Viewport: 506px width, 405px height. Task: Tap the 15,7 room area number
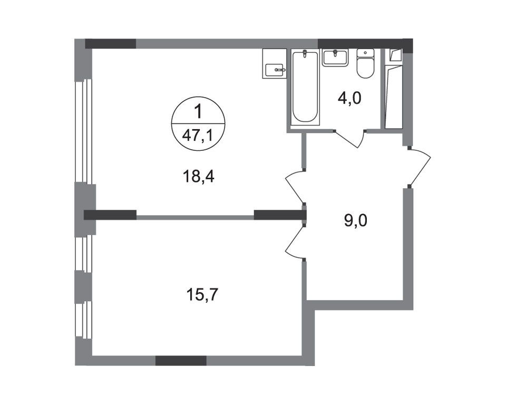[x=201, y=294]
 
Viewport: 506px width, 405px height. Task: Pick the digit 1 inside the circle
[x=198, y=112]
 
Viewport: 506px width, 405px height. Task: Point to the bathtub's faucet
[x=305, y=55]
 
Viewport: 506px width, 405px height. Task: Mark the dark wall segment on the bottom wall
[x=180, y=361]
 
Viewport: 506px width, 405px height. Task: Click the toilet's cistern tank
[x=365, y=53]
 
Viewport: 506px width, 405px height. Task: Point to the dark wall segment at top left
[x=110, y=44]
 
